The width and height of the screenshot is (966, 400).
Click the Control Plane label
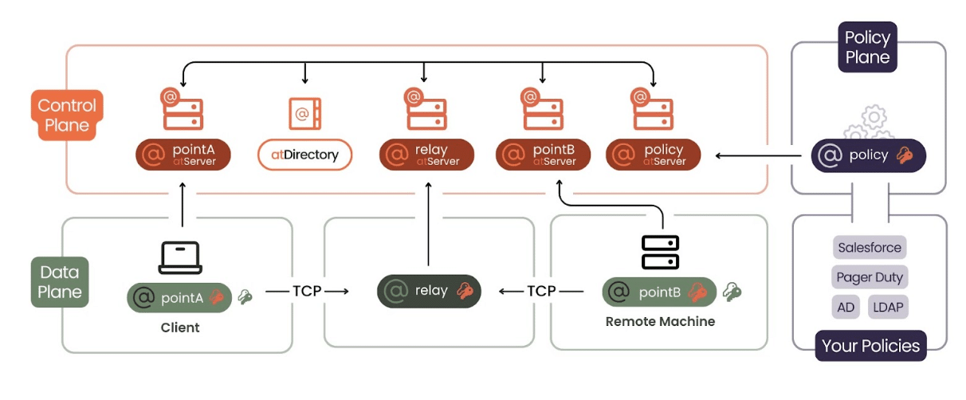(x=67, y=115)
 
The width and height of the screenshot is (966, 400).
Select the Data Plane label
(x=60, y=282)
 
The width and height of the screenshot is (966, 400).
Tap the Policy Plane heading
(x=867, y=47)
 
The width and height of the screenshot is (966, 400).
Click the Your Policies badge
(x=870, y=346)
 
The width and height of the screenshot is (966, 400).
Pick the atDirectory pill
(x=305, y=155)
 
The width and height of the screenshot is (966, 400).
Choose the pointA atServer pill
(x=186, y=155)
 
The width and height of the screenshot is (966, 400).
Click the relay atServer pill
(x=426, y=155)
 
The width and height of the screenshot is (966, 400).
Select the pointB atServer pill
(x=544, y=155)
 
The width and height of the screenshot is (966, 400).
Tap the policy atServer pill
(x=654, y=155)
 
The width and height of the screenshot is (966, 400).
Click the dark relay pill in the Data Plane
(x=429, y=291)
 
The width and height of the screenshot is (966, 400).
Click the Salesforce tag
(x=870, y=247)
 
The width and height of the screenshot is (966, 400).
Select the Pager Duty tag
(x=870, y=277)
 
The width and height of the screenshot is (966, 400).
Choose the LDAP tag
(x=887, y=307)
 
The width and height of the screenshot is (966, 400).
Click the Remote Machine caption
(x=660, y=322)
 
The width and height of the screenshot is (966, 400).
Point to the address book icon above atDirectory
(x=304, y=114)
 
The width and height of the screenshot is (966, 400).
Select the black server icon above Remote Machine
(x=660, y=252)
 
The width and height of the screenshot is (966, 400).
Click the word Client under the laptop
(x=179, y=327)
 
